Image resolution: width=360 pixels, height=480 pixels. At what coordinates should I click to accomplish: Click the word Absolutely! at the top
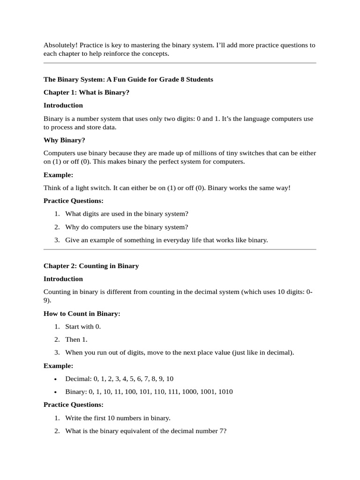60,45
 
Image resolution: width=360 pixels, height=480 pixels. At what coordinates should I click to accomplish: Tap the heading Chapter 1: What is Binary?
86,92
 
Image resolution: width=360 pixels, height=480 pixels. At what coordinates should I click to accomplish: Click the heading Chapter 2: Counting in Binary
91,266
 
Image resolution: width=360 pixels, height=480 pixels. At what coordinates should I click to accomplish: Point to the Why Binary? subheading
64,140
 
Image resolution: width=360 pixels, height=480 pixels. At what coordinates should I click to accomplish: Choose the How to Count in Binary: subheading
82,314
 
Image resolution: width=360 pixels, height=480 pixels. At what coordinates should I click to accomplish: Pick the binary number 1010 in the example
225,392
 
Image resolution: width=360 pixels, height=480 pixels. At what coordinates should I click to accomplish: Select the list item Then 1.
76,339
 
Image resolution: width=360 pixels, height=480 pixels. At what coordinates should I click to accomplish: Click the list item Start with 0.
83,327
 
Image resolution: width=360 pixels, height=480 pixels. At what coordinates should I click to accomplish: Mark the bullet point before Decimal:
56,379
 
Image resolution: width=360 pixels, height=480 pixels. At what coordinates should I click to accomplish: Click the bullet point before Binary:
56,392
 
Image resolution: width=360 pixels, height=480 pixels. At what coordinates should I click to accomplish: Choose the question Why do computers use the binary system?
127,227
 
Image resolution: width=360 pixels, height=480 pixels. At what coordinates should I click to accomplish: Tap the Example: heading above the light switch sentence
58,175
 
